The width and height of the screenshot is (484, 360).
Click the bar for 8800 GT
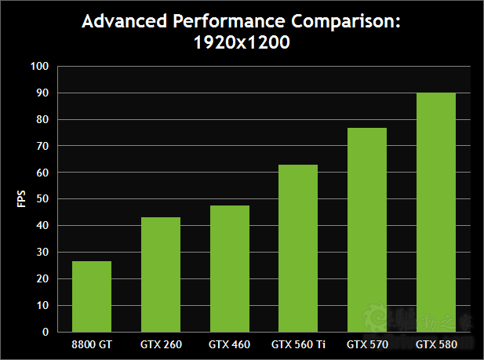point(92,296)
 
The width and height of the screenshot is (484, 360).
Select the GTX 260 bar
point(161,274)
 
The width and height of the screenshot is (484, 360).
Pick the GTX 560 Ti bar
point(298,248)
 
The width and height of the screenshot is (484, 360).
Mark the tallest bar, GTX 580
point(435,212)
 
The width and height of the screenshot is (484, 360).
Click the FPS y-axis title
point(21,198)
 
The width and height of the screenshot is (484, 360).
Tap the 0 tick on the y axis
point(47,332)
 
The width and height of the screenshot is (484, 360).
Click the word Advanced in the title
point(126,21)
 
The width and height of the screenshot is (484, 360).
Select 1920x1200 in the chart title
point(242,43)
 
